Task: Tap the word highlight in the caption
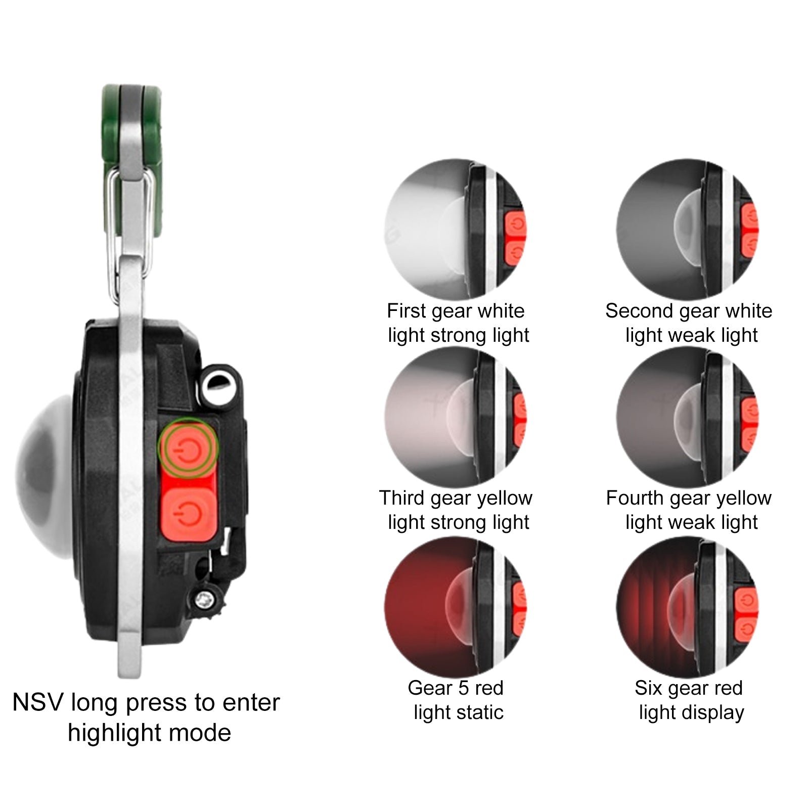114,733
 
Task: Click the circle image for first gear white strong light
456,229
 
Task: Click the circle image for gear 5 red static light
456,607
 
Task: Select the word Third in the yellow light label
402,498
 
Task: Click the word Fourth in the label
635,498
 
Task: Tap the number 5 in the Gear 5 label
462,688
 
